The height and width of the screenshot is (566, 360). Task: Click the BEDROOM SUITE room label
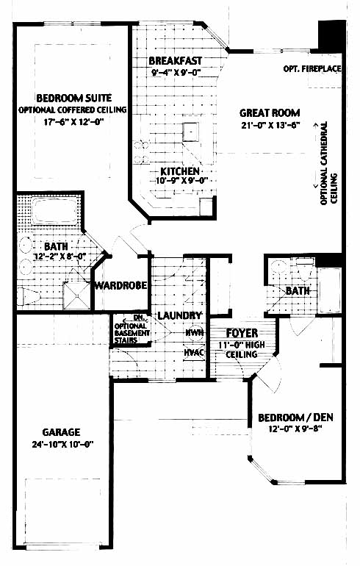pyautogui.click(x=74, y=98)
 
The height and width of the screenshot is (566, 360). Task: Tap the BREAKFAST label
pyautogui.click(x=176, y=60)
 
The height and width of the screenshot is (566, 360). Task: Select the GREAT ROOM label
pyautogui.click(x=270, y=113)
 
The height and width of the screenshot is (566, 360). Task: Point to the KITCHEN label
pyautogui.click(x=180, y=171)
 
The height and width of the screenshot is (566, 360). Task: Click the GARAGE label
pyautogui.click(x=61, y=432)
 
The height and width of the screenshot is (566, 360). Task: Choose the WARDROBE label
pyautogui.click(x=120, y=285)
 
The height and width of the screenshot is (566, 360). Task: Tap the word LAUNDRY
pyautogui.click(x=180, y=315)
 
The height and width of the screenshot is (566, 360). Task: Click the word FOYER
pyautogui.click(x=242, y=333)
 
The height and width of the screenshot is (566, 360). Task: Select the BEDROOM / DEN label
pyautogui.click(x=296, y=418)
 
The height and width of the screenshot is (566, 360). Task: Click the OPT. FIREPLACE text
pyautogui.click(x=312, y=68)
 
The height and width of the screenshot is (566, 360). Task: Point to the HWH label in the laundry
pyautogui.click(x=195, y=333)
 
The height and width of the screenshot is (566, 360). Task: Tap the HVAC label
pyautogui.click(x=194, y=352)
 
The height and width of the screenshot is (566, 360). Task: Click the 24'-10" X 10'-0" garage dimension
pyautogui.click(x=62, y=445)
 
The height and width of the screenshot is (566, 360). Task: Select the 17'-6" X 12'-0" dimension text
pyautogui.click(x=74, y=121)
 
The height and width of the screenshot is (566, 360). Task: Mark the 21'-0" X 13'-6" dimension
pyautogui.click(x=270, y=125)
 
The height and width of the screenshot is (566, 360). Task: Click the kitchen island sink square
pyautogui.click(x=190, y=132)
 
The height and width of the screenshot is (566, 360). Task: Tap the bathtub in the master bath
pyautogui.click(x=55, y=211)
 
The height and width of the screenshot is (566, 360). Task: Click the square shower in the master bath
pyautogui.click(x=76, y=296)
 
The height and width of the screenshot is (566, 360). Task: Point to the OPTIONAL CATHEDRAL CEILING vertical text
pyautogui.click(x=328, y=163)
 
